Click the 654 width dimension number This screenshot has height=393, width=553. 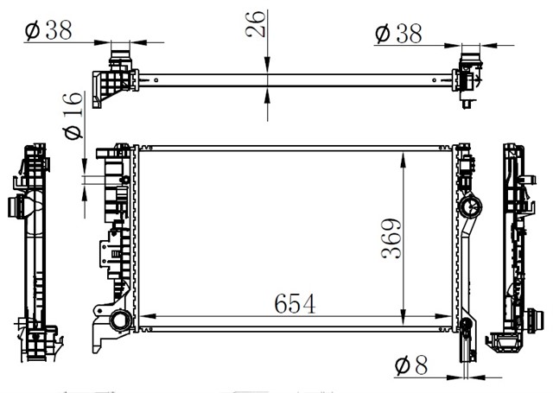click(295, 303)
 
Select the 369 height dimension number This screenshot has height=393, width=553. click(391, 238)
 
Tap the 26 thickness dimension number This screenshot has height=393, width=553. click(255, 24)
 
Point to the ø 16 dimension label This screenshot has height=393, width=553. click(73, 116)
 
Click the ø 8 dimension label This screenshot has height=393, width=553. click(411, 365)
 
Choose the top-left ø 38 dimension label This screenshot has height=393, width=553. click(48, 30)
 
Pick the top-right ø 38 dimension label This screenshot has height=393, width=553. click(398, 34)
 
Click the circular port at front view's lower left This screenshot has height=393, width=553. click(121, 320)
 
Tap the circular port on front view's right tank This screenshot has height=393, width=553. click(470, 206)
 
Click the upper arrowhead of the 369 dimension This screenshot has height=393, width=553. click(404, 159)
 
